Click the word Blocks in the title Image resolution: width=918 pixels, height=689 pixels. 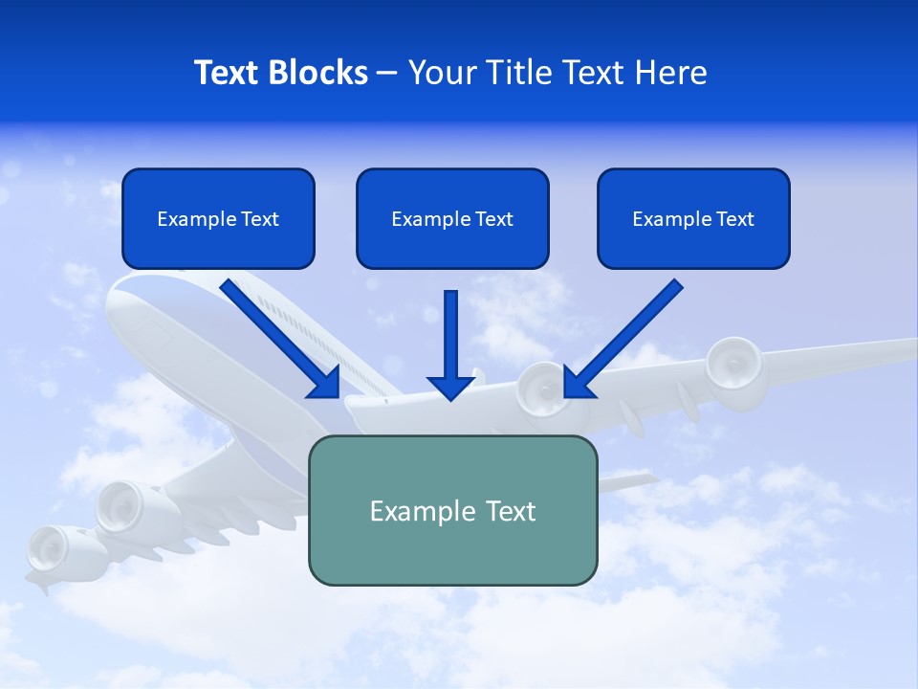[319, 73]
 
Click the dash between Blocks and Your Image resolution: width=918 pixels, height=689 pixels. [387, 74]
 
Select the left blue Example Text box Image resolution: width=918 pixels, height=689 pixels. [218, 218]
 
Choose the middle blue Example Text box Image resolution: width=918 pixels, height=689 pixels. [452, 218]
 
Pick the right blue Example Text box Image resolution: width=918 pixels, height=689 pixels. [693, 218]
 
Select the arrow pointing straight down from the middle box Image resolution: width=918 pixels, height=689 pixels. [451, 340]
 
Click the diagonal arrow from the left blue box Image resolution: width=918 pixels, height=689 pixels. [277, 335]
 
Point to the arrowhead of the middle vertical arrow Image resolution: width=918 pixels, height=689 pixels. [451, 387]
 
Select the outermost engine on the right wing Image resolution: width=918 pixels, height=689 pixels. [734, 364]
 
